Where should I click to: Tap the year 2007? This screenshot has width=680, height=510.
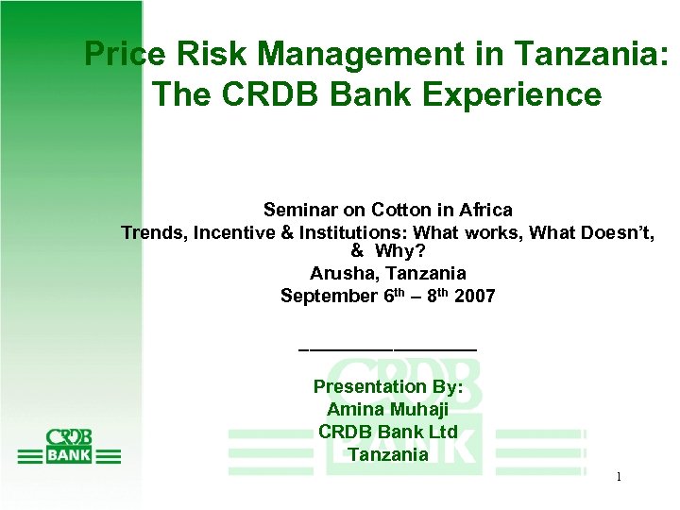[x=474, y=297]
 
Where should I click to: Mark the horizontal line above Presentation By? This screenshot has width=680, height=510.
[x=387, y=350]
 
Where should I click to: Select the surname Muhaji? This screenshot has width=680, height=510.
[x=416, y=410]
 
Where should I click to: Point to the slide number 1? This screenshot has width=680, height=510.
[x=618, y=478]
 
